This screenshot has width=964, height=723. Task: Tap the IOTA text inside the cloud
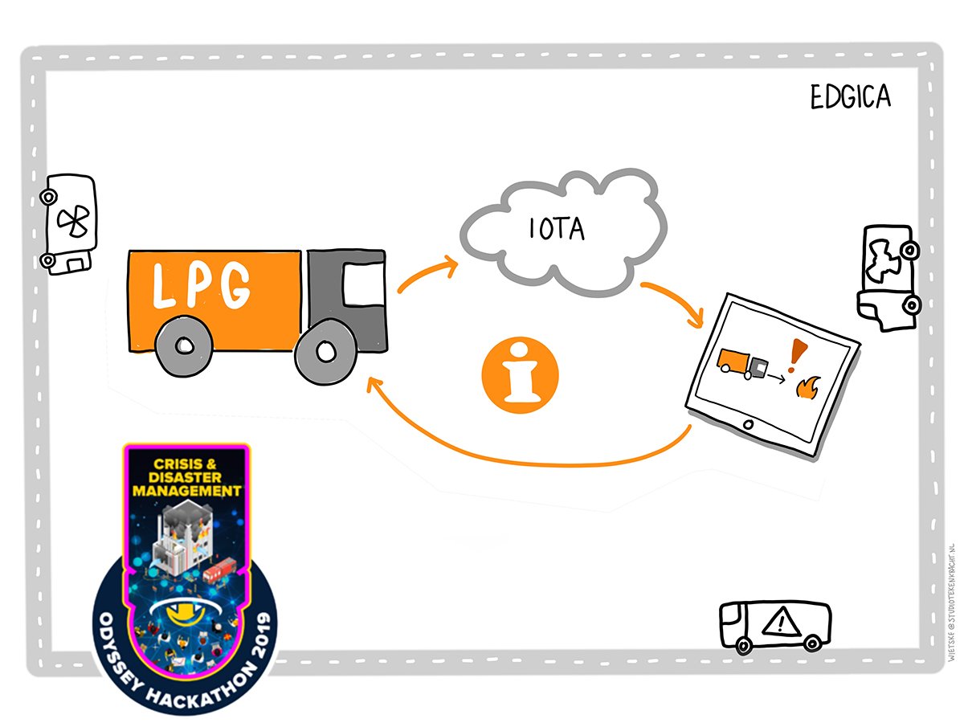tap(556, 230)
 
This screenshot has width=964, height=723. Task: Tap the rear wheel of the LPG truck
tap(183, 345)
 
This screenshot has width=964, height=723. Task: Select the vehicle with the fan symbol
tap(71, 223)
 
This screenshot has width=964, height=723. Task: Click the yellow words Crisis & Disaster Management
tap(186, 476)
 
